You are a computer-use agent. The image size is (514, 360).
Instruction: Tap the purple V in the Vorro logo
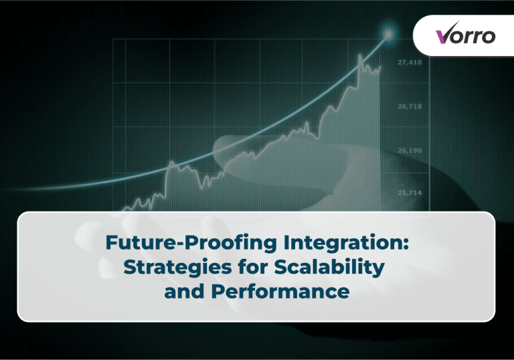coord(443,35)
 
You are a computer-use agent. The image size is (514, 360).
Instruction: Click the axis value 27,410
coord(409,62)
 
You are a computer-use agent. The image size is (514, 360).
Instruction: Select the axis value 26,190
coord(409,151)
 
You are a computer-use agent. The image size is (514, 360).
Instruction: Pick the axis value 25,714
coord(409,193)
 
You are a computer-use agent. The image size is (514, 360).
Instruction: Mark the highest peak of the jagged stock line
coord(361,56)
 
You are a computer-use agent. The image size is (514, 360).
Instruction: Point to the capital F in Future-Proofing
coord(111,244)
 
